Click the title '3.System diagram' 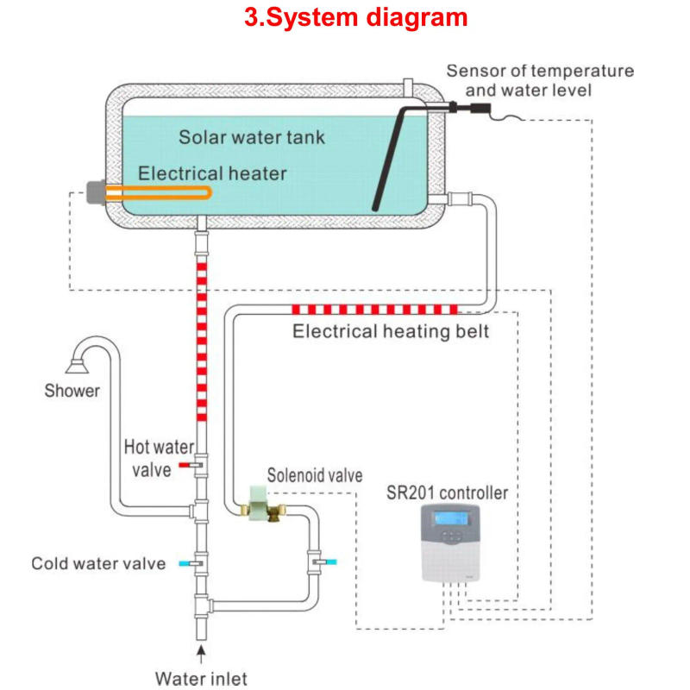point(356,18)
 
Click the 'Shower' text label point(72,391)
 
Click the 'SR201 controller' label point(448,493)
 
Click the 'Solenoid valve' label point(315,475)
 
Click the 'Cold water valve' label point(98,564)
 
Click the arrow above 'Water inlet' point(201,649)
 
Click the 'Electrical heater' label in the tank point(212,173)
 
